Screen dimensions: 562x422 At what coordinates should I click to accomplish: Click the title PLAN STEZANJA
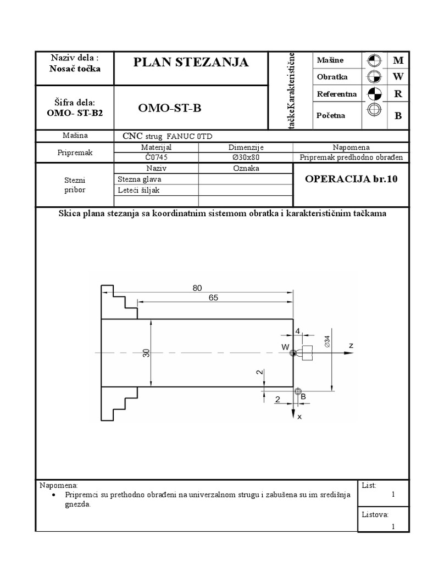click(191, 63)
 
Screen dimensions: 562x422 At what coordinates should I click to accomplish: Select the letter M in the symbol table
click(398, 60)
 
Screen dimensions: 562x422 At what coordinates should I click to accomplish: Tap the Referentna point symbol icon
click(374, 94)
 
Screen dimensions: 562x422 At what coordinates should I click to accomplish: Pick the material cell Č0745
click(156, 157)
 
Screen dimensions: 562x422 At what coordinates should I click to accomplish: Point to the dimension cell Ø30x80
click(245, 157)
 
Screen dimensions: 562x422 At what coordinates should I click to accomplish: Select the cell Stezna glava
click(140, 179)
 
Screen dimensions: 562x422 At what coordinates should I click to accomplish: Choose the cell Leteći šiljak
click(138, 190)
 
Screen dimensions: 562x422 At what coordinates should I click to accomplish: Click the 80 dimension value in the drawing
click(198, 288)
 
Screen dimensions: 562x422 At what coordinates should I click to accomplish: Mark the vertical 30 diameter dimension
click(147, 353)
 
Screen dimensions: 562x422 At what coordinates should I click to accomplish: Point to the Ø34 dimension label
click(327, 342)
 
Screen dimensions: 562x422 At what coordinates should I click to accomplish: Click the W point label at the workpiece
click(285, 347)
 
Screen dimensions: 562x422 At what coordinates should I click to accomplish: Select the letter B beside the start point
click(303, 396)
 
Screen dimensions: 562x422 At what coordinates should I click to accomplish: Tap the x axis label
click(299, 417)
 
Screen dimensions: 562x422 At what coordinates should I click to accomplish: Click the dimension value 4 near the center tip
click(297, 331)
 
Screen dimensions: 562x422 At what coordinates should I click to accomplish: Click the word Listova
click(375, 514)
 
